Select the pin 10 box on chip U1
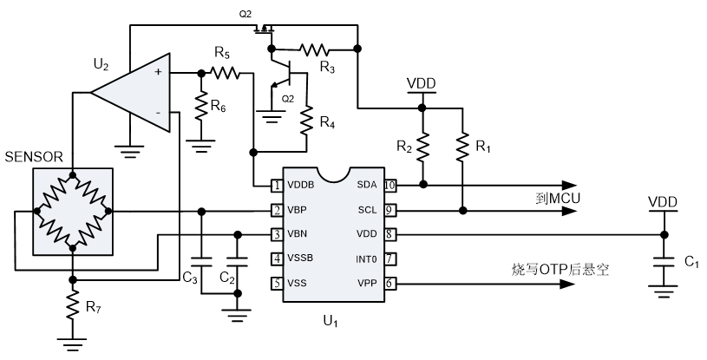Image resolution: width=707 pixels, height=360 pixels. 390,185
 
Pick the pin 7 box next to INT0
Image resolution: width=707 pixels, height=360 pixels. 390,258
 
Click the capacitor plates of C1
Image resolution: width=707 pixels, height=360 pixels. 664,260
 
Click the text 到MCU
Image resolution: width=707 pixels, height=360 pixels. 557,200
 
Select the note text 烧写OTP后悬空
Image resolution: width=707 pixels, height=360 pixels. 560,271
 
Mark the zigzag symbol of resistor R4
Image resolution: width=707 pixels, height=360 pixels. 306,119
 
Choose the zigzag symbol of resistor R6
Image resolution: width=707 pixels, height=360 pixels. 201,106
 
